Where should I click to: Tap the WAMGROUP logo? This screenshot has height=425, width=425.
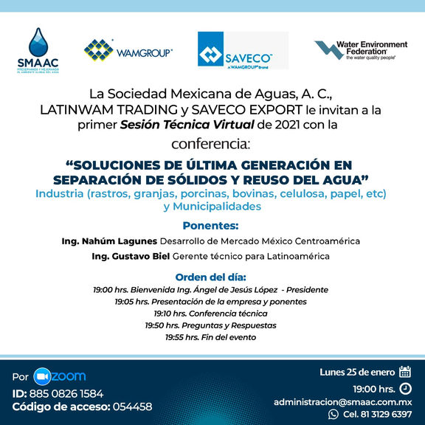128,50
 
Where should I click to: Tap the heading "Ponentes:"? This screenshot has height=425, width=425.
212,225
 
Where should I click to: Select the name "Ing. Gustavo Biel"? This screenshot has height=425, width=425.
130,256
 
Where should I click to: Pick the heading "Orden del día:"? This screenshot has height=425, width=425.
212,277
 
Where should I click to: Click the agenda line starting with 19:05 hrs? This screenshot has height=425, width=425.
211,302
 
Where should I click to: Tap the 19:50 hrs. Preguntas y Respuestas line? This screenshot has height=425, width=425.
211,325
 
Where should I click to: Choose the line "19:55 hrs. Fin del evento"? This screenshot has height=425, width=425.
211,337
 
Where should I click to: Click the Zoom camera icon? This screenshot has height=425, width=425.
42,376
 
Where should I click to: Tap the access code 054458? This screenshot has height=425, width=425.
133,407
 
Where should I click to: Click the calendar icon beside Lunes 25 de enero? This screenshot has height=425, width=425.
404,372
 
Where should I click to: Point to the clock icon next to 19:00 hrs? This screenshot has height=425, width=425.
404,388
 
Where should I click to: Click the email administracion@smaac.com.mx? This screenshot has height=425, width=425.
342,402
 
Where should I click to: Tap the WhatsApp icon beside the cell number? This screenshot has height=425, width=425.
333,415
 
